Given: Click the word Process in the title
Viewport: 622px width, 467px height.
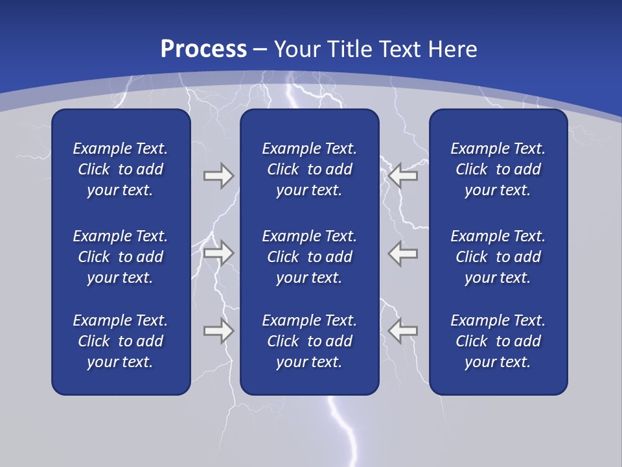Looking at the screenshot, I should click(203, 49).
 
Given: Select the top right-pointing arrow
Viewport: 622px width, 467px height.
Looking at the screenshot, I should click(218, 176).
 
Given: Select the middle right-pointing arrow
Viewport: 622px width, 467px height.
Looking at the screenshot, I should click(218, 253).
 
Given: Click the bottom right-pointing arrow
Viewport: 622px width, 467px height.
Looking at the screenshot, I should click(218, 330).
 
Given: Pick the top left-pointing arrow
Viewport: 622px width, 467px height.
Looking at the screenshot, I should click(403, 176).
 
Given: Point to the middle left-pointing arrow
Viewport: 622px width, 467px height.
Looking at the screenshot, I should click(403, 253).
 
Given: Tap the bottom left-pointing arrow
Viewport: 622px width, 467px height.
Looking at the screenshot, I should click(403, 330).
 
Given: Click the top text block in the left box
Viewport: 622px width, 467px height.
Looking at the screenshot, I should click(121, 169).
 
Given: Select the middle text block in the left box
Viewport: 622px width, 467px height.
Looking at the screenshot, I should click(121, 257).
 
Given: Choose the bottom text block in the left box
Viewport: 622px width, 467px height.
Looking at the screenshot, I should click(121, 341).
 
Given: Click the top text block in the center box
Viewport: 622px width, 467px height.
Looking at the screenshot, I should click(309, 169).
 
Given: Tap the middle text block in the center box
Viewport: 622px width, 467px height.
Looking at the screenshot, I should click(309, 257).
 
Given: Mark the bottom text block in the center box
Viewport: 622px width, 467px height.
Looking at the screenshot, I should click(309, 341).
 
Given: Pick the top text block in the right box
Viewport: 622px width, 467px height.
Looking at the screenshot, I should click(498, 169).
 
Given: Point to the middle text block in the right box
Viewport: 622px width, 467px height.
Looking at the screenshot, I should click(498, 257).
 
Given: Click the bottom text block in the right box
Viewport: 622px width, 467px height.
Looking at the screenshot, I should click(498, 341).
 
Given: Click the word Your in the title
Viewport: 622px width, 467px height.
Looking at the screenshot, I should click(296, 49).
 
